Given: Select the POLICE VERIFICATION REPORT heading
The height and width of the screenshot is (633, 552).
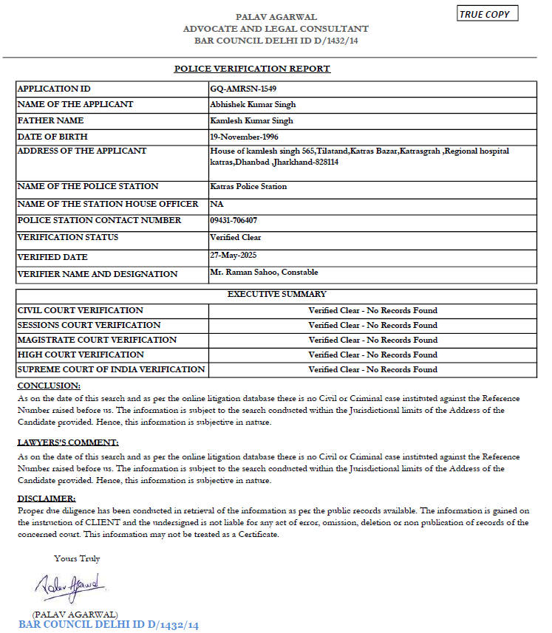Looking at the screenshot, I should pos(252,69).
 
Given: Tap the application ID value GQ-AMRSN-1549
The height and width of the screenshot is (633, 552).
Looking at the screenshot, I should pos(243,89).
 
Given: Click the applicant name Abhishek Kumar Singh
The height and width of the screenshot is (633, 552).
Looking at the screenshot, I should pos(253,105).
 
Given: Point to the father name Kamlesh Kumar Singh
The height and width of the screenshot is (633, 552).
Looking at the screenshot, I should pos(251,120).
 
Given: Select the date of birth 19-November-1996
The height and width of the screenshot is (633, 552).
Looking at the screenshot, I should pos(244,137).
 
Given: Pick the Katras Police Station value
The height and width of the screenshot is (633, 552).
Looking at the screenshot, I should pos(248,187).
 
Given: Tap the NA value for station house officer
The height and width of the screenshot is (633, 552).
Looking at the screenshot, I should pos(217,204).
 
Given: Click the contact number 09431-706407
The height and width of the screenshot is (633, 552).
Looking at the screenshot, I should pos(234,220).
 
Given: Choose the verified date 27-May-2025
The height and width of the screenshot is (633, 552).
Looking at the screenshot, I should pos(232,254).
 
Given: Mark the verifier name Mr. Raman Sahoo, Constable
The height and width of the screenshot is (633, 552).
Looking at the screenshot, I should pos(265,273).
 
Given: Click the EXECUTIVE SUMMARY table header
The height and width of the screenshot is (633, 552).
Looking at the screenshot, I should pos(276,294).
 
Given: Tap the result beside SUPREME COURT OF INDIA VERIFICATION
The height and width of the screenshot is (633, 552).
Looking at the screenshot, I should pos(372,369).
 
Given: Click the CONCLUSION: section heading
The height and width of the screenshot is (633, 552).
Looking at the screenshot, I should pos(49,386).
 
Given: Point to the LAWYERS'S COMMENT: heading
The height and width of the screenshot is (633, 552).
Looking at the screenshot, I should pos(68,442).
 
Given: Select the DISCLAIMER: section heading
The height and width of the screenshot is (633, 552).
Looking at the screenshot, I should pos(47,499).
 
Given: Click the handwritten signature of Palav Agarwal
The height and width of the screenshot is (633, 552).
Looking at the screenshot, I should pos(71,586).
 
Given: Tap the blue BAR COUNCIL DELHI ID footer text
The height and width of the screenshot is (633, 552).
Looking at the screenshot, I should pos(109,625).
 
